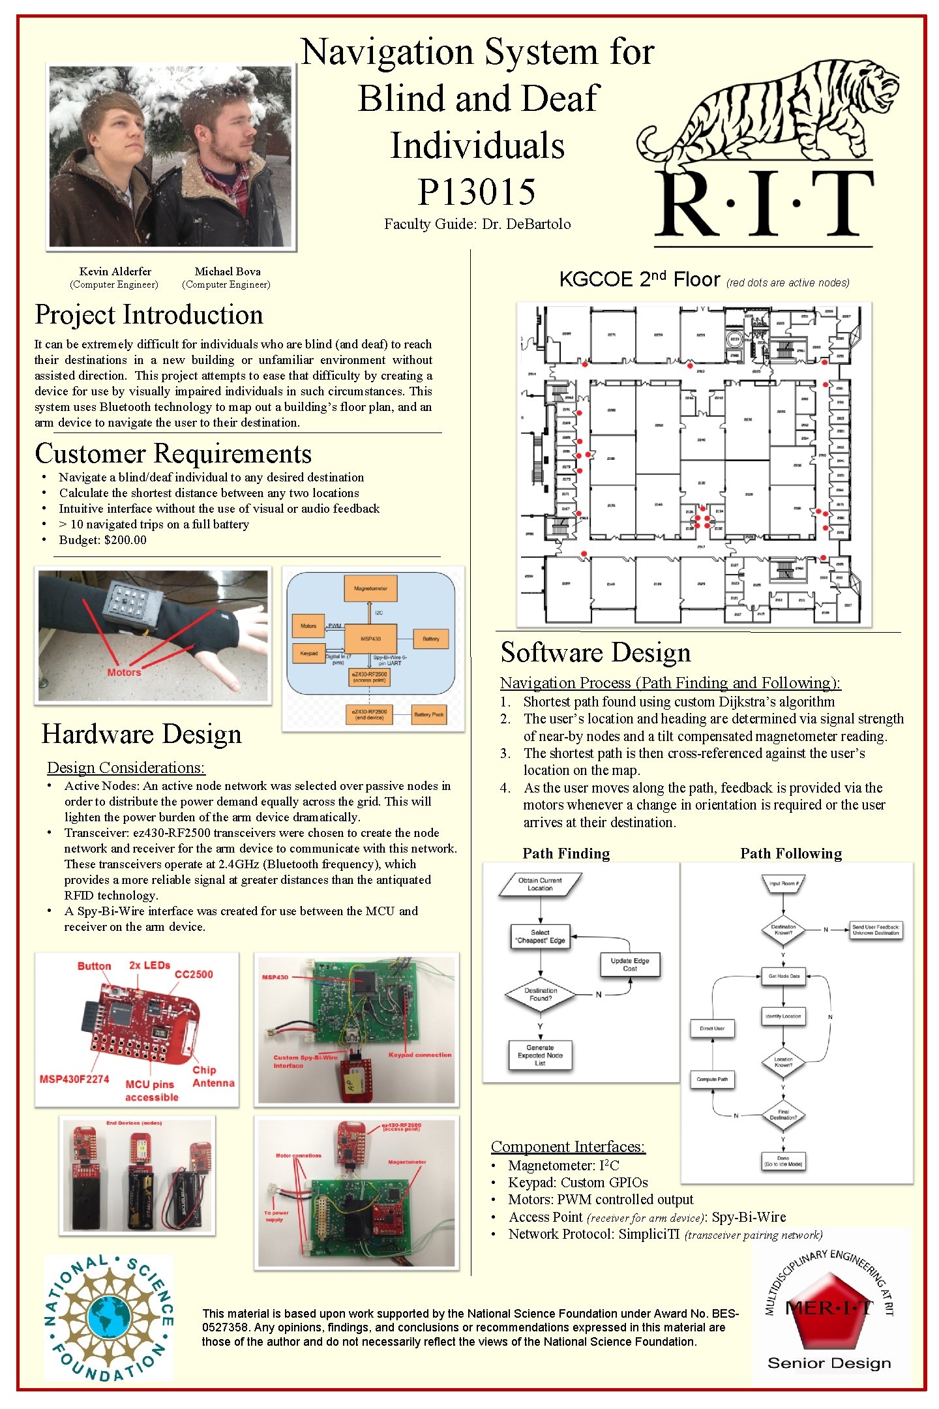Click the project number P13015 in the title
coord(477,192)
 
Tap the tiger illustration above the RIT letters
coord(769,111)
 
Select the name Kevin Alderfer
coord(115,271)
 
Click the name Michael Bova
coord(227,271)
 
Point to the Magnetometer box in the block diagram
coord(370,588)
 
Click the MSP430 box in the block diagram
coord(370,639)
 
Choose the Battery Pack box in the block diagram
coord(428,714)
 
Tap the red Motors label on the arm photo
coord(124,673)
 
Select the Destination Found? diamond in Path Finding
coord(541,994)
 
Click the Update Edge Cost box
coord(630,964)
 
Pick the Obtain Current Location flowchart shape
coord(540,884)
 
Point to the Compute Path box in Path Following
coord(712,1079)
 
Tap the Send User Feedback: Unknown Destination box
coord(876,930)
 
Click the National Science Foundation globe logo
coord(108,1317)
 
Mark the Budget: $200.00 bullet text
coord(102,539)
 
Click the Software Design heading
coord(595,653)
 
